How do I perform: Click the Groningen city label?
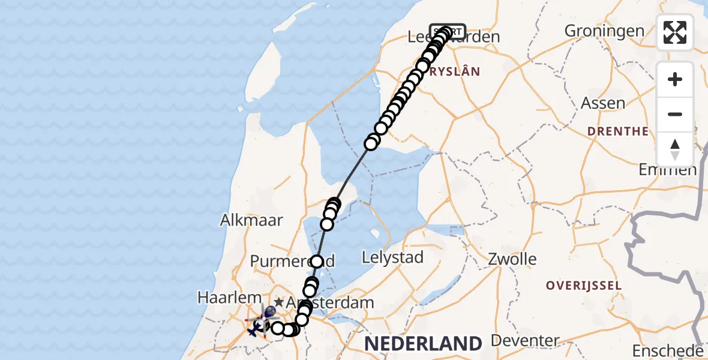604,31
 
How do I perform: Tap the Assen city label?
603,103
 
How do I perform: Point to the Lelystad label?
392,257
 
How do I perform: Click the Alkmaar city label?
251,220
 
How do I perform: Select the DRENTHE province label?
617,131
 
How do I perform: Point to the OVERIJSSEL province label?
583,285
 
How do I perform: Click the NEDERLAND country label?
423,344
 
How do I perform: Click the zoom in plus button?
675,79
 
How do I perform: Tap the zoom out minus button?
675,114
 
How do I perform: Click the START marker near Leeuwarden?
448,31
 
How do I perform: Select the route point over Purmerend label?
316,262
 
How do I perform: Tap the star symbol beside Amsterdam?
279,303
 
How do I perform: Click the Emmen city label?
667,170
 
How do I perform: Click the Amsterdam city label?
330,302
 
